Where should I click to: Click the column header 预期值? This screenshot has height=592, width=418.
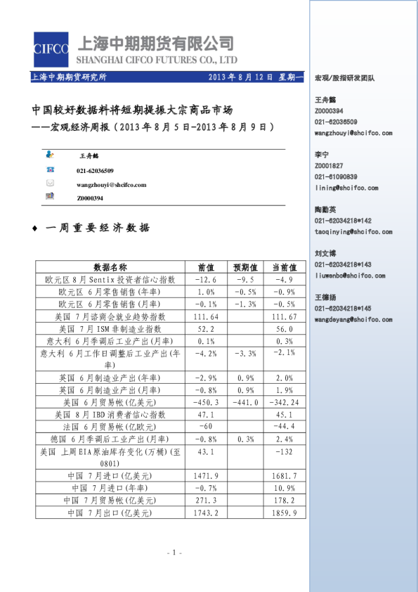(245, 267)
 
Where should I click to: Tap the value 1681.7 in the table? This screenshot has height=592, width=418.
(285, 476)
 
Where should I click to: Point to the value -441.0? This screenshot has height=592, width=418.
(245, 402)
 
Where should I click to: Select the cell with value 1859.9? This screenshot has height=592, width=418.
(285, 514)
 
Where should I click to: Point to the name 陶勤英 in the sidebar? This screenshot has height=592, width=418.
(325, 210)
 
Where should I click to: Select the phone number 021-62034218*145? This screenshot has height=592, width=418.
(344, 309)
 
